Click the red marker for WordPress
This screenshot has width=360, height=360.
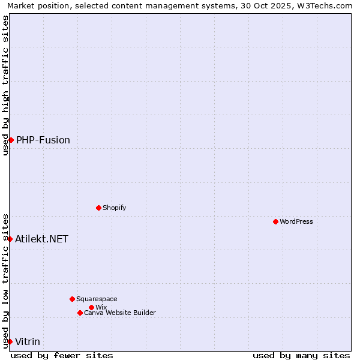[275, 221]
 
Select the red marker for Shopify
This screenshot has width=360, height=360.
[98, 208]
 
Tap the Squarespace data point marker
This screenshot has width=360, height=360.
[72, 299]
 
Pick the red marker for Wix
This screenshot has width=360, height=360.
[91, 307]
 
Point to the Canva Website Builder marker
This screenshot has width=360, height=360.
[80, 313]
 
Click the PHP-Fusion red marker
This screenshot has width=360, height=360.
[11, 140]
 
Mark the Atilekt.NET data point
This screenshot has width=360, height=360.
[10, 239]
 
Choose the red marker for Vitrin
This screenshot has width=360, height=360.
[10, 341]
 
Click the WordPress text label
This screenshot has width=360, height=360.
[296, 221]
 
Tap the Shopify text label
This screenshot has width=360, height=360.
[114, 208]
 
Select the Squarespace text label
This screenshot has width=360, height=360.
[97, 299]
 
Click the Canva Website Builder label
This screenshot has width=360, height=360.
[120, 313]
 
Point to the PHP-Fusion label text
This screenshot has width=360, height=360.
[43, 140]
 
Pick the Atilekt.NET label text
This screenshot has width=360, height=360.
[42, 239]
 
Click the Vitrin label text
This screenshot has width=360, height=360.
[28, 341]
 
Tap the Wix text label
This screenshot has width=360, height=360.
[101, 307]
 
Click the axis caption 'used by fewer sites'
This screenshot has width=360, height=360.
[62, 355]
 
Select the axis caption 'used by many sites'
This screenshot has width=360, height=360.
[301, 355]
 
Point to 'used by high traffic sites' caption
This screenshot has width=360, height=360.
[5, 85]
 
